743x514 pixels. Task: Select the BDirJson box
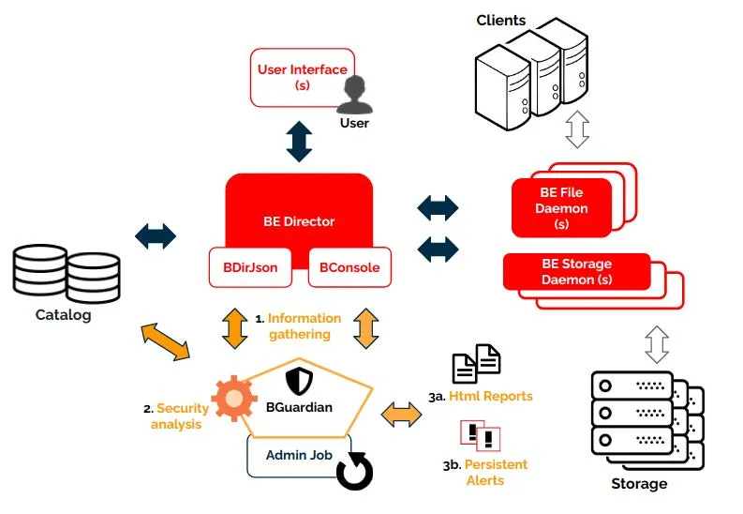(249, 267)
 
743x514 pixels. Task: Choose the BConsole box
(349, 267)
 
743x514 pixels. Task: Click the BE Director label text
(299, 221)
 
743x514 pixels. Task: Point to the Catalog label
(64, 315)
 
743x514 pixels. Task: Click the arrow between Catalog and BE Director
(156, 235)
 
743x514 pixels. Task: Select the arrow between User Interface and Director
(299, 142)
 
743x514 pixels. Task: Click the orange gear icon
(233, 400)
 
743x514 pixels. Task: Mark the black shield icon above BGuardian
(298, 380)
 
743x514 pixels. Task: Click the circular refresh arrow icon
(354, 471)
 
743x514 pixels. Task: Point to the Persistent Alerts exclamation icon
(480, 434)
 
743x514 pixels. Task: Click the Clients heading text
(501, 20)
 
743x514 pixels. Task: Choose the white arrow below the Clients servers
(577, 128)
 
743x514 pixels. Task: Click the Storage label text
(639, 484)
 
